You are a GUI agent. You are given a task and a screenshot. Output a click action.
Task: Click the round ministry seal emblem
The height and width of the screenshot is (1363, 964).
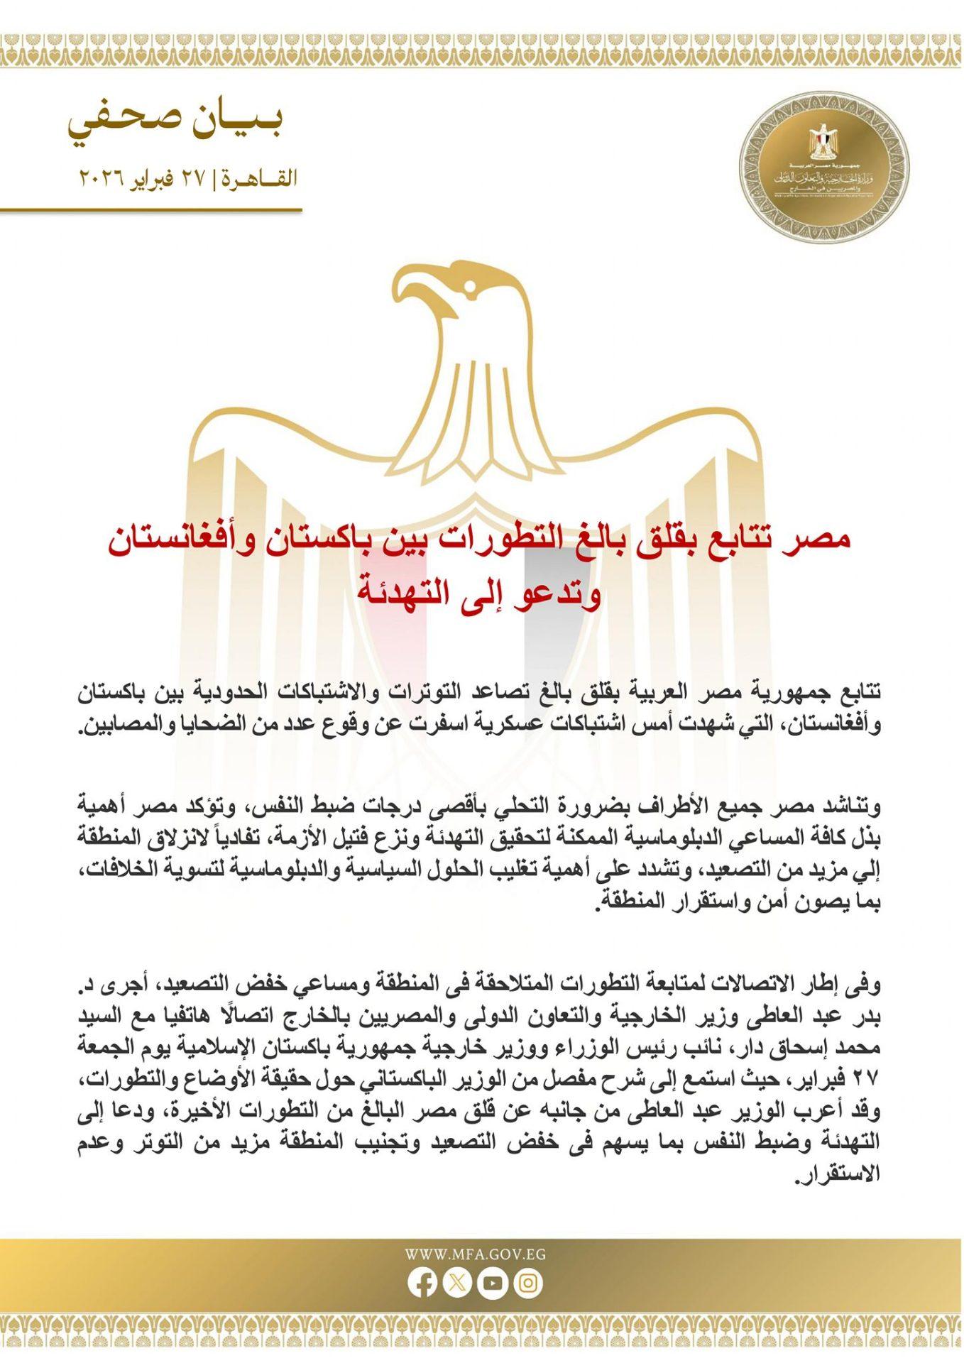coord(823,169)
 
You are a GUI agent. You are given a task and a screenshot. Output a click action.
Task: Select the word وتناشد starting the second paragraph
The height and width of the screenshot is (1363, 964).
coord(858,807)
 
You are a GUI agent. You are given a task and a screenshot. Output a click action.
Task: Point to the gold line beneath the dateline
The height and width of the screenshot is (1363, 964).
coord(150,210)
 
